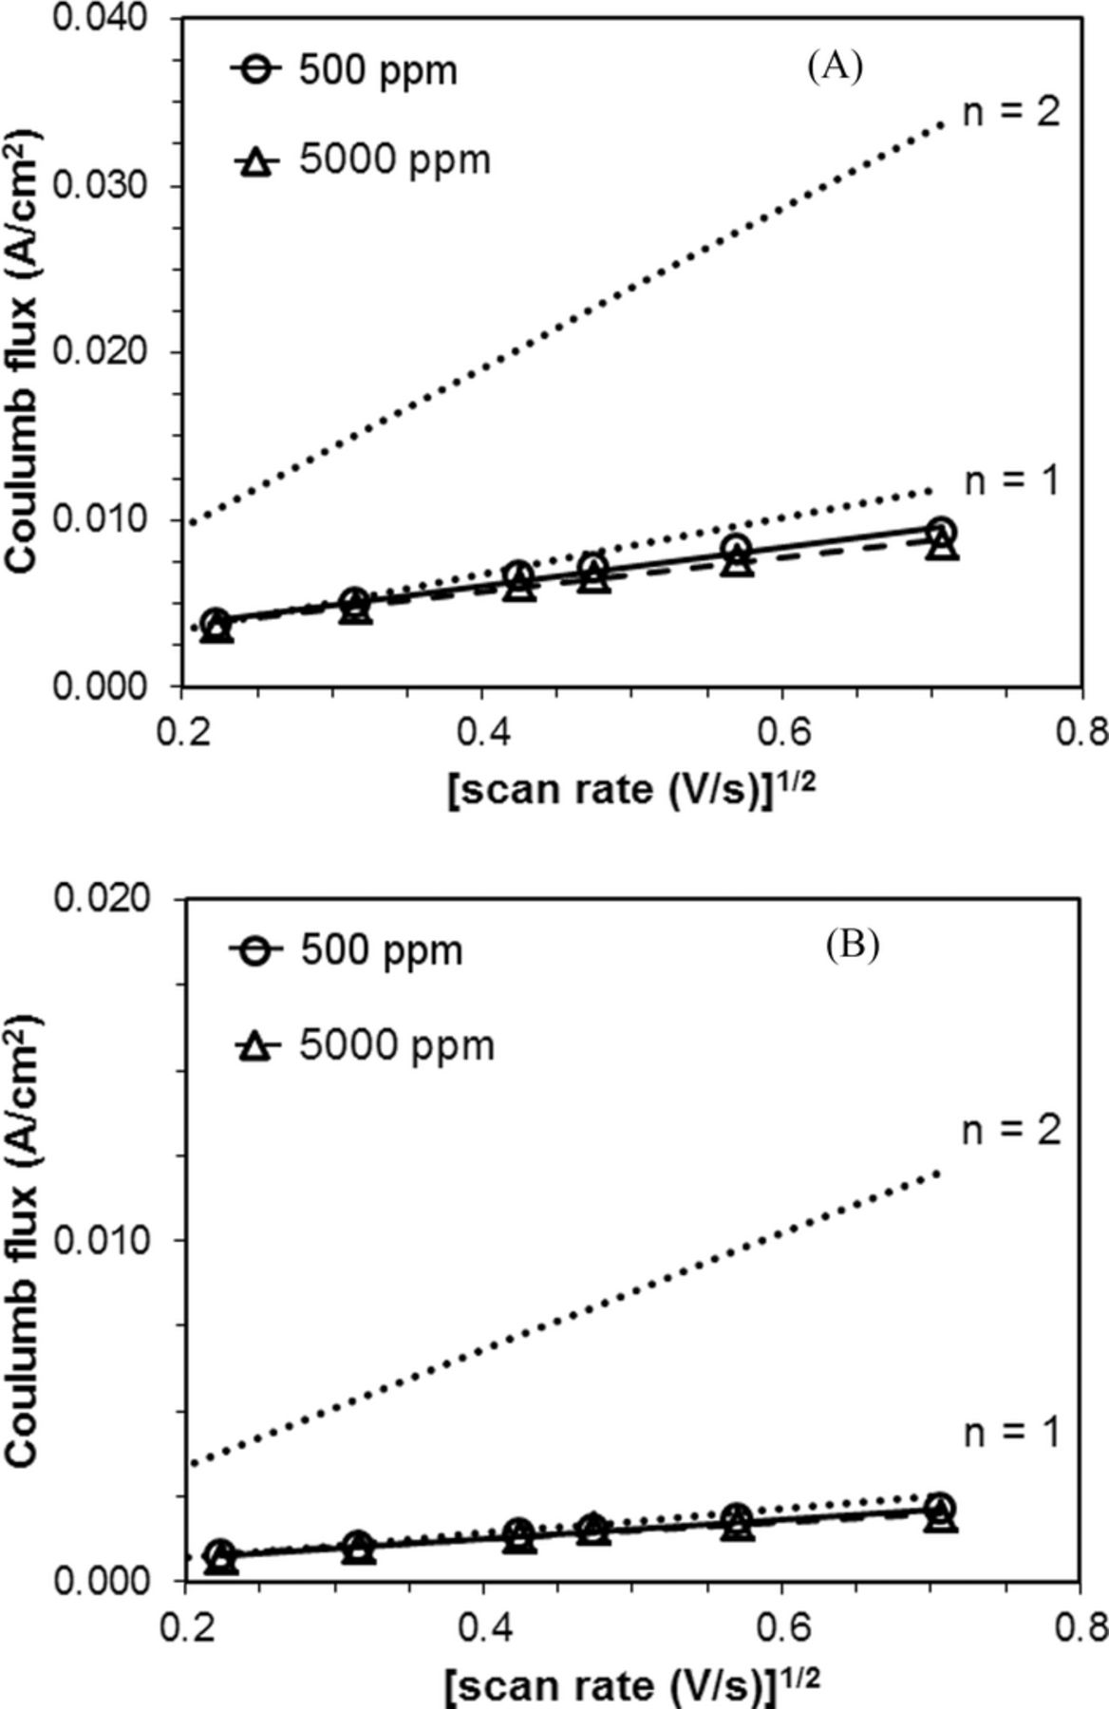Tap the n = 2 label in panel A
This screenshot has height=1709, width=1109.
click(x=1010, y=113)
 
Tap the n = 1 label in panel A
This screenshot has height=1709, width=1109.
click(x=1010, y=481)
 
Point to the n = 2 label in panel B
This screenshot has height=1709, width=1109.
click(x=1010, y=1131)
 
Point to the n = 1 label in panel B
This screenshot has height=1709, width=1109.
click(x=1010, y=1434)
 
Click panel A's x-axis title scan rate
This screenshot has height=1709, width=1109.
click(x=631, y=789)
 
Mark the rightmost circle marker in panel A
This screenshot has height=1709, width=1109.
click(x=940, y=531)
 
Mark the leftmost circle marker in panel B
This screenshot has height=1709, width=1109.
click(x=220, y=1552)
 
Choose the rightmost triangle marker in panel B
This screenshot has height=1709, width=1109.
click(x=940, y=1519)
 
